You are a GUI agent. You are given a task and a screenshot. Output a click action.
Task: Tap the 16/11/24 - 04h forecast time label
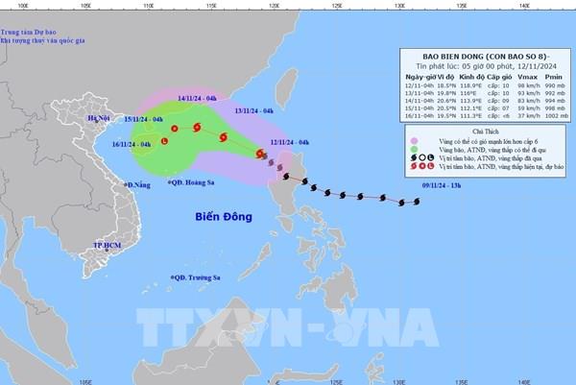pyautogui.click(x=132, y=144)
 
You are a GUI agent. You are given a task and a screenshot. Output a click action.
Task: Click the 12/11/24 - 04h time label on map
pyautogui.click(x=290, y=142)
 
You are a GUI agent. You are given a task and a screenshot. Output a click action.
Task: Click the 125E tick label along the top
pyautogui.click(x=337, y=5)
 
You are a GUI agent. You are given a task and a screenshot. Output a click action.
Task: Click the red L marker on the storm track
pyautogui.click(x=163, y=142)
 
